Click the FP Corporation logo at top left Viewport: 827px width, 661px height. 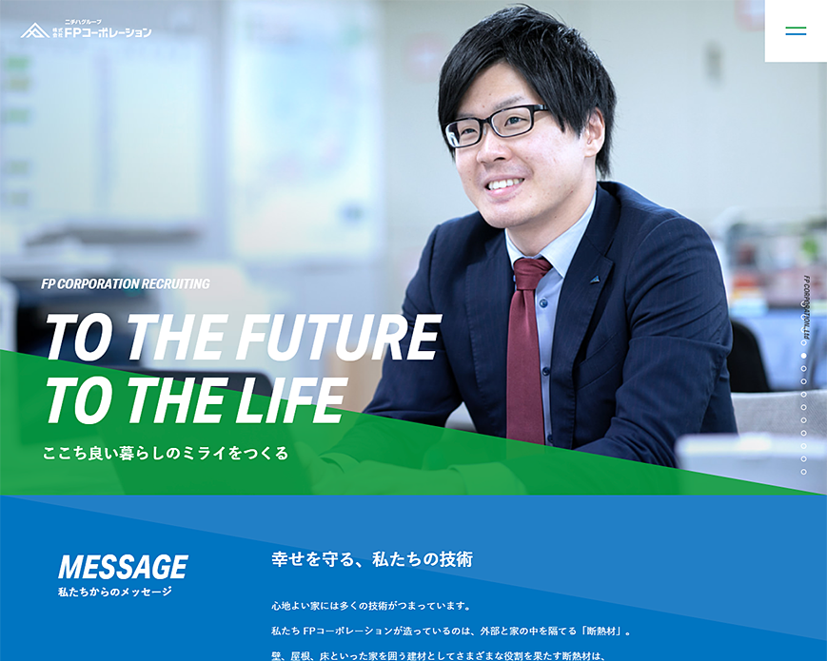click(x=86, y=29)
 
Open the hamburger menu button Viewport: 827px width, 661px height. click(x=796, y=31)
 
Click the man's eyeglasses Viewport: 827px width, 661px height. click(x=495, y=126)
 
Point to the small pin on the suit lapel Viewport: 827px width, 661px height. click(x=594, y=281)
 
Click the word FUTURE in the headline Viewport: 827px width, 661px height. click(x=338, y=339)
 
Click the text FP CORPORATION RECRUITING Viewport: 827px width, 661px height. click(x=126, y=283)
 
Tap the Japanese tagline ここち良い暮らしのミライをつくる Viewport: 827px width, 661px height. click(x=166, y=453)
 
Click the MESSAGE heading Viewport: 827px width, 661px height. click(x=123, y=567)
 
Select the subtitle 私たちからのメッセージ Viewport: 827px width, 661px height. click(x=114, y=593)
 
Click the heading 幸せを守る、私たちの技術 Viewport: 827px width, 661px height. click(x=371, y=559)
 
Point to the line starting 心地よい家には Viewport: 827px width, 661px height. click(x=371, y=605)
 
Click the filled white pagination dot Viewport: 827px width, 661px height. click(x=803, y=356)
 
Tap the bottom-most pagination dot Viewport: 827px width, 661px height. click(x=803, y=472)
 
